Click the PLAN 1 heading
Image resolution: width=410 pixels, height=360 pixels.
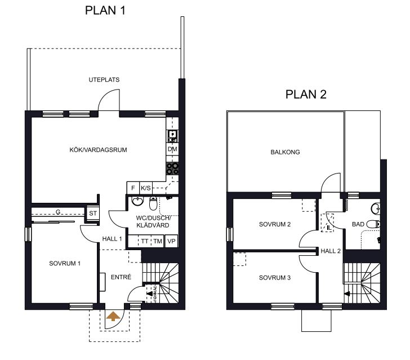[105, 11]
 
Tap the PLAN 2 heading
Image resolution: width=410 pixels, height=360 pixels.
[306, 95]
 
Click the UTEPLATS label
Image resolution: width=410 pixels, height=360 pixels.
[104, 80]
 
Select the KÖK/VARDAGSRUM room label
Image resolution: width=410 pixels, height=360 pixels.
[99, 150]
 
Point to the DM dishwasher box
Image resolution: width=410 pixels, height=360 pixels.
[172, 149]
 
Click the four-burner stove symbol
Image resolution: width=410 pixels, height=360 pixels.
[172, 168]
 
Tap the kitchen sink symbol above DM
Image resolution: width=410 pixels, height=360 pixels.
[172, 136]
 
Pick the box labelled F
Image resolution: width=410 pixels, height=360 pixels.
[133, 188]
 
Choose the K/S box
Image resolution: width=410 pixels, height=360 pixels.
[146, 188]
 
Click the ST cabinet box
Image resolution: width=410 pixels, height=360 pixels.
[93, 214]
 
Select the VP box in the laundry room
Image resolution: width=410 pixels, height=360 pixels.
[171, 241]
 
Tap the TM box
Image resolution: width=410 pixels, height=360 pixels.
[158, 241]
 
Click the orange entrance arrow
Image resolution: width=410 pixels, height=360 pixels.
[113, 316]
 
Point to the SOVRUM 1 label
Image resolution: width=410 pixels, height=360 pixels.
[65, 264]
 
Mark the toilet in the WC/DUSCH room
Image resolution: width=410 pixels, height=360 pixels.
[153, 203]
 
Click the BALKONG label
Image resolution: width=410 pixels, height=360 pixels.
[286, 152]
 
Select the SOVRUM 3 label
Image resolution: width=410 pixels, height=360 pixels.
[275, 278]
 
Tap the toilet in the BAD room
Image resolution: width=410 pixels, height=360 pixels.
[373, 224]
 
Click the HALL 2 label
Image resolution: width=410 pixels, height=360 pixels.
[331, 251]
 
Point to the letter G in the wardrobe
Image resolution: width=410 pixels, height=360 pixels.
[58, 212]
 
